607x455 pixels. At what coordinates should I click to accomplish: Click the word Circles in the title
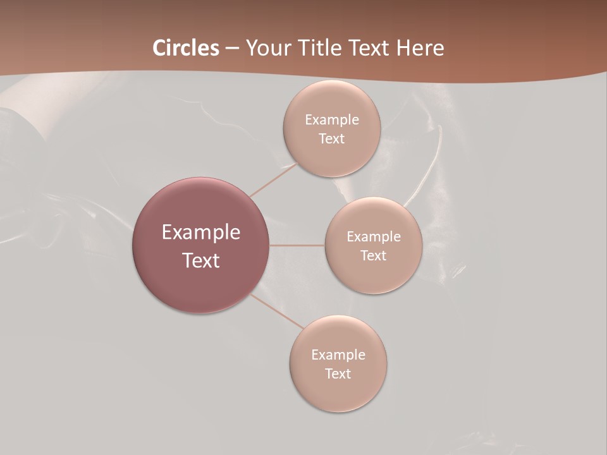pos(185,48)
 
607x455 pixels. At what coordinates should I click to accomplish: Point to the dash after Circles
pos(232,49)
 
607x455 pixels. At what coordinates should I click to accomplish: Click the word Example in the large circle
pos(200,233)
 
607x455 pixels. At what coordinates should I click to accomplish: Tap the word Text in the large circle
pos(200,260)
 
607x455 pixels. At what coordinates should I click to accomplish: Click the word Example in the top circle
pos(331,119)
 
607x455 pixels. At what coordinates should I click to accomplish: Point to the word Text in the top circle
pos(331,138)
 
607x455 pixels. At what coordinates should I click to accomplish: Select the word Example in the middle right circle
pos(373,236)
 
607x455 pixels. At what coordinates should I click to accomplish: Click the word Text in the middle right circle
pos(373,255)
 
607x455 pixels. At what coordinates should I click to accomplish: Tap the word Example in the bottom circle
pos(338,355)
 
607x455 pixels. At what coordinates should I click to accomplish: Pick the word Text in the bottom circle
pos(338,373)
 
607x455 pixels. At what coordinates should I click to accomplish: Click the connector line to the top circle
pos(273,180)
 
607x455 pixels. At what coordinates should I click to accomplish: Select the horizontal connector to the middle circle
pos(297,245)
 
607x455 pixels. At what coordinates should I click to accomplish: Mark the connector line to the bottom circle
pos(278,312)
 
